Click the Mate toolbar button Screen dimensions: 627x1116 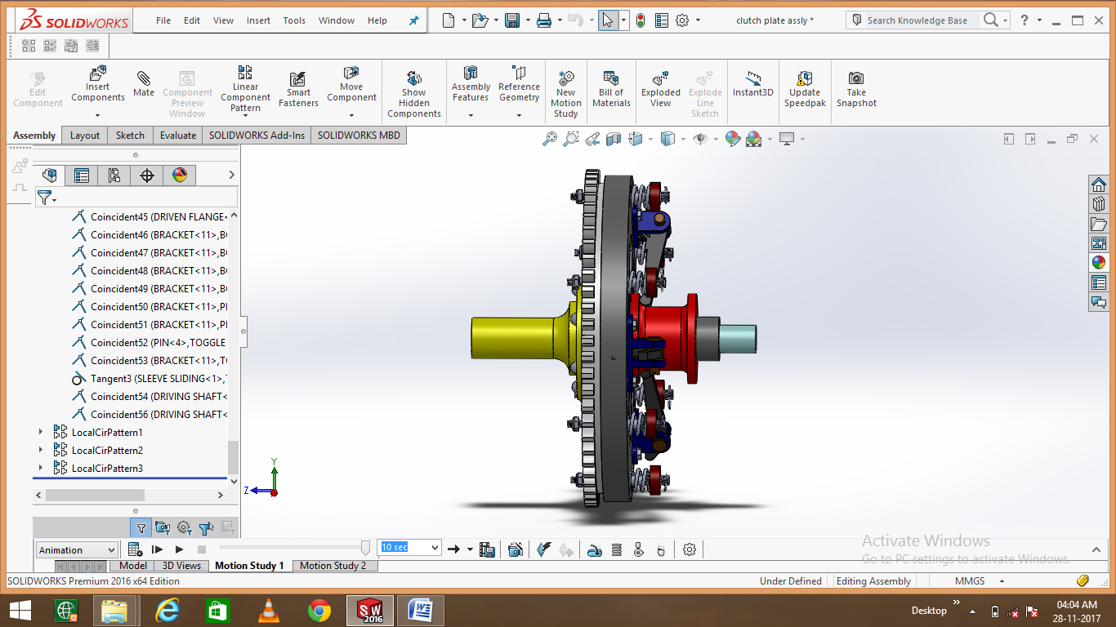click(144, 84)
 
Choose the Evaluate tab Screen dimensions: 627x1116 click(177, 136)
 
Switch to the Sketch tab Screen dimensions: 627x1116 click(130, 136)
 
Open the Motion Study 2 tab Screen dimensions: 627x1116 click(333, 565)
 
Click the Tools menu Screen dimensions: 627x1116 click(294, 20)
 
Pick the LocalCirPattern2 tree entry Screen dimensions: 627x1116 click(107, 451)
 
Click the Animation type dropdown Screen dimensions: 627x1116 click(77, 550)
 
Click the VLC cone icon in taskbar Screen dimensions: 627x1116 click(267, 610)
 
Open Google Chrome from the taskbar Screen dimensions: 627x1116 click(319, 610)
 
